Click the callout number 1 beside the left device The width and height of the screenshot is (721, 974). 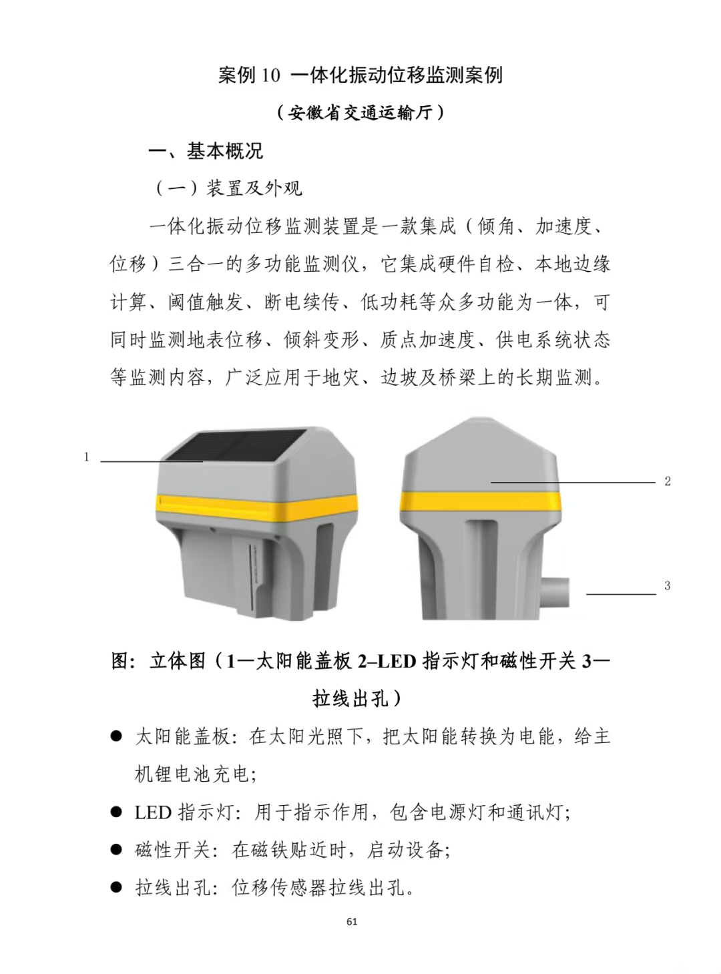(87, 457)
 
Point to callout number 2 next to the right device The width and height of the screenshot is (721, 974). (668, 481)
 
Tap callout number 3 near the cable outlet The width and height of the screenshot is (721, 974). (667, 585)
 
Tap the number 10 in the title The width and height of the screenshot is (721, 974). (270, 76)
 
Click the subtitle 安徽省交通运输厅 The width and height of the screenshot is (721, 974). (360, 113)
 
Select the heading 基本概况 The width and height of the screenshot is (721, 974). (224, 151)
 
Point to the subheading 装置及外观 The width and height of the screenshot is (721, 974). (254, 188)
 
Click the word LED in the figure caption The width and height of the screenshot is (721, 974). (397, 662)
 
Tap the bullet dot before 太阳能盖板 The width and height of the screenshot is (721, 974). (116, 736)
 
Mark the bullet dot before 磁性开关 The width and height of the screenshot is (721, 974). (116, 850)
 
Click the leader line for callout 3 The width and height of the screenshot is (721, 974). (622, 594)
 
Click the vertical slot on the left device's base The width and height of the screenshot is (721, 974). (252, 577)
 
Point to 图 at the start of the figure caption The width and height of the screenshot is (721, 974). (120, 661)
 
